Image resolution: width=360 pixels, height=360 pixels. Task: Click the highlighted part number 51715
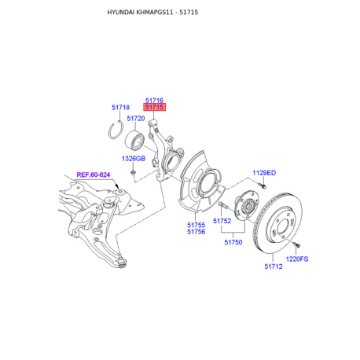click(x=154, y=107)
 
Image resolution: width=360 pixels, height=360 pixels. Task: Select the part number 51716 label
click(x=154, y=100)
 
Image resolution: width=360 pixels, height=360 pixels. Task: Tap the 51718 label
click(x=120, y=107)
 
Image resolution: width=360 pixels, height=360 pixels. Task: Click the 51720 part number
click(x=136, y=119)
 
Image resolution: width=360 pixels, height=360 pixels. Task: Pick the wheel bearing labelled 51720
click(x=134, y=140)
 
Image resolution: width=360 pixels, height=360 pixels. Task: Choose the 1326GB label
click(x=134, y=159)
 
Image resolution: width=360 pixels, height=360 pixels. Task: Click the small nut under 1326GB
click(x=133, y=172)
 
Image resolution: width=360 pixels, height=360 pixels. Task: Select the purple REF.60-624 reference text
click(x=94, y=174)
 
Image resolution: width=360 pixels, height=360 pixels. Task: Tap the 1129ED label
click(x=264, y=173)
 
